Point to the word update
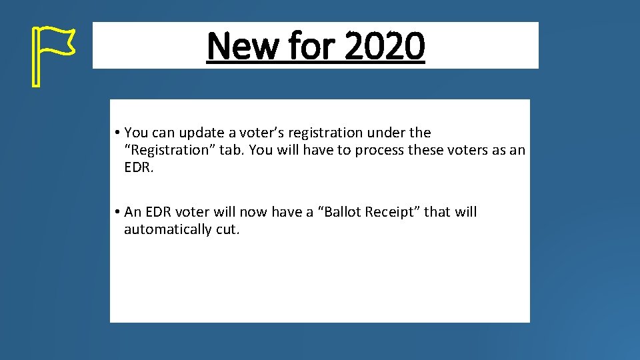coord(201,133)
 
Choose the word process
coord(379,150)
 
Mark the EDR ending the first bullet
coord(139,167)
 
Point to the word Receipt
coord(393,212)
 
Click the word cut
coord(227,229)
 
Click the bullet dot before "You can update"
coord(116,133)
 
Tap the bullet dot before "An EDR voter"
coord(116,213)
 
